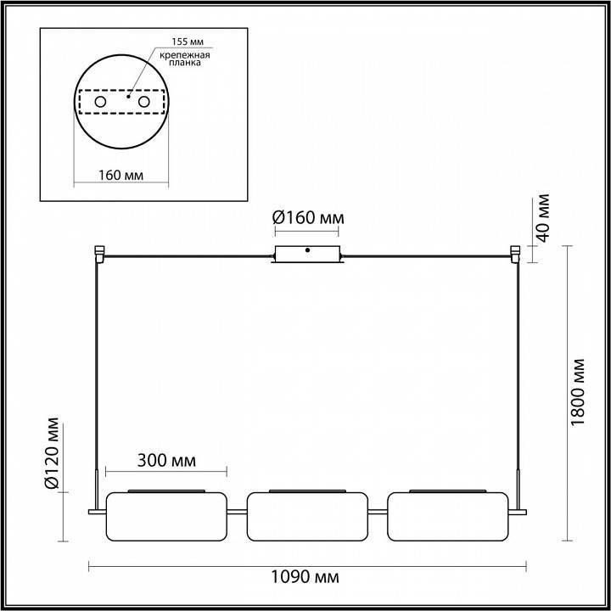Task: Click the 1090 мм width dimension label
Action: tap(306, 578)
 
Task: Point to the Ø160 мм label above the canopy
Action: tap(309, 218)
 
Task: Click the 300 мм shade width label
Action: tap(166, 461)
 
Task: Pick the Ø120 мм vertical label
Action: tap(53, 454)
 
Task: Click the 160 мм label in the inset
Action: tap(119, 175)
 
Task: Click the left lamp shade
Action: tap(167, 516)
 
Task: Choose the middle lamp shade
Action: tap(309, 516)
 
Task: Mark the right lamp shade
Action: tap(451, 516)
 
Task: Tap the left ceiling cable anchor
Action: tap(99, 253)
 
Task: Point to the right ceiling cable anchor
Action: tap(514, 253)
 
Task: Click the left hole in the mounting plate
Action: tap(99, 103)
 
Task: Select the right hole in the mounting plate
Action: tap(143, 103)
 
